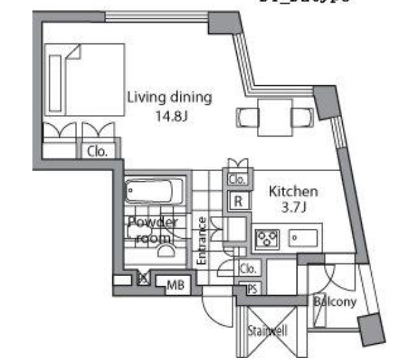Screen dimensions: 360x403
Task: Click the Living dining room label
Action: click(169, 97)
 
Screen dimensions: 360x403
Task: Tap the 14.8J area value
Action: click(170, 115)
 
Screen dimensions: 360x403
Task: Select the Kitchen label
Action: click(293, 192)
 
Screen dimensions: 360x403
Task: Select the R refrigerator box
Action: click(239, 201)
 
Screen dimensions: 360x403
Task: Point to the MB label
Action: click(175, 286)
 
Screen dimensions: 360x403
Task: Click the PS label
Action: click(252, 288)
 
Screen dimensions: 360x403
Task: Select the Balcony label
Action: click(334, 302)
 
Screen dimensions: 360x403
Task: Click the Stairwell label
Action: click(268, 331)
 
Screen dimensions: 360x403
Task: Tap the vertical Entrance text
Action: click(201, 240)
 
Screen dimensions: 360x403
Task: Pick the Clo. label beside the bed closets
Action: click(97, 152)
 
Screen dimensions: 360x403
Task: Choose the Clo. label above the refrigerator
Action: click(236, 179)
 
